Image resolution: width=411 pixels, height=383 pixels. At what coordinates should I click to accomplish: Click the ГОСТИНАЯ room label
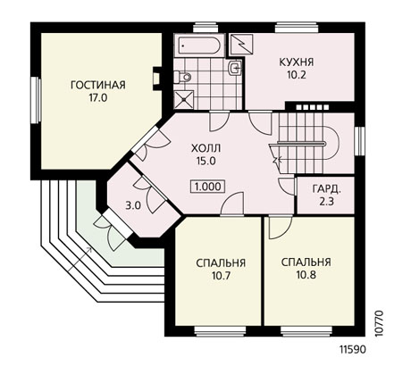tap(98, 85)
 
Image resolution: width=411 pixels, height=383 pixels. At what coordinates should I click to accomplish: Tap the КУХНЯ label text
tap(297, 62)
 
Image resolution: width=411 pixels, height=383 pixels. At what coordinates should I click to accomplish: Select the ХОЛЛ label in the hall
tap(206, 148)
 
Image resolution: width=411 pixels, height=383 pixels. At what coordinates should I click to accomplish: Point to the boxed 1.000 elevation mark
tap(208, 187)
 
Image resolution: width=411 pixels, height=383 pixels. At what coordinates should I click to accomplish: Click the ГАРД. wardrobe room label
tap(326, 188)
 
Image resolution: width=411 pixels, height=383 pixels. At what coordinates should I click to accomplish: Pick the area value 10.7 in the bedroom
tap(221, 276)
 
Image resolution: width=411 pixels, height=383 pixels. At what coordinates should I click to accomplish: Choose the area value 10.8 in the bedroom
tap(306, 275)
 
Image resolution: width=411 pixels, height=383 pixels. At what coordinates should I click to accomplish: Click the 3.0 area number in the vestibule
tap(133, 205)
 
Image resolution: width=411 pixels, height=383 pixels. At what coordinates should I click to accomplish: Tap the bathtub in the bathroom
tap(198, 46)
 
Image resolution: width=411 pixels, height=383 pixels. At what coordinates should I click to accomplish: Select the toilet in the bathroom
tap(183, 77)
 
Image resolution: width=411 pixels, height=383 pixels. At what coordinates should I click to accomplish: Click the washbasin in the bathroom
tap(235, 68)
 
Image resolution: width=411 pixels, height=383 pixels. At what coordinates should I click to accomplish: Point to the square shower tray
tap(184, 100)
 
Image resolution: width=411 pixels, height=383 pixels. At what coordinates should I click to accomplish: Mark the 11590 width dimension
tap(353, 350)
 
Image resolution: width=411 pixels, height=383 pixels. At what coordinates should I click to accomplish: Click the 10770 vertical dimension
tap(379, 323)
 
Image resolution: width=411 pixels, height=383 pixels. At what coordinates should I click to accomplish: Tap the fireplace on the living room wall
tap(157, 78)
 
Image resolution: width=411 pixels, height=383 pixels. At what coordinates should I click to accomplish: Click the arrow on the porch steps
tap(80, 259)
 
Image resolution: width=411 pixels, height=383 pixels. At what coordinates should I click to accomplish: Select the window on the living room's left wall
tap(36, 100)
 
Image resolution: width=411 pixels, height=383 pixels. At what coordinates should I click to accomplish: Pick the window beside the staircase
tap(359, 141)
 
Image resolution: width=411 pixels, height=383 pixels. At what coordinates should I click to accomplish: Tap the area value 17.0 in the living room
tap(98, 98)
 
